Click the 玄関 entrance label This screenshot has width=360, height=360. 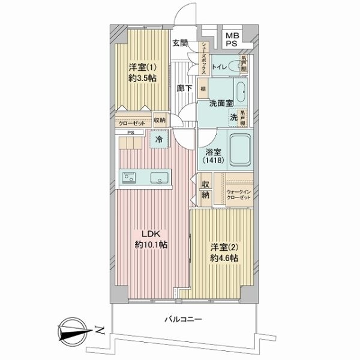180,43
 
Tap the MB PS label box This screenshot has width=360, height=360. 232,39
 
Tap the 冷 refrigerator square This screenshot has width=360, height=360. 159,140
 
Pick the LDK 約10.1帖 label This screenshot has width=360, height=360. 151,239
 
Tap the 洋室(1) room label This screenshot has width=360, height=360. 142,71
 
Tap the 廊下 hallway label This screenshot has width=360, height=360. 185,88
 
